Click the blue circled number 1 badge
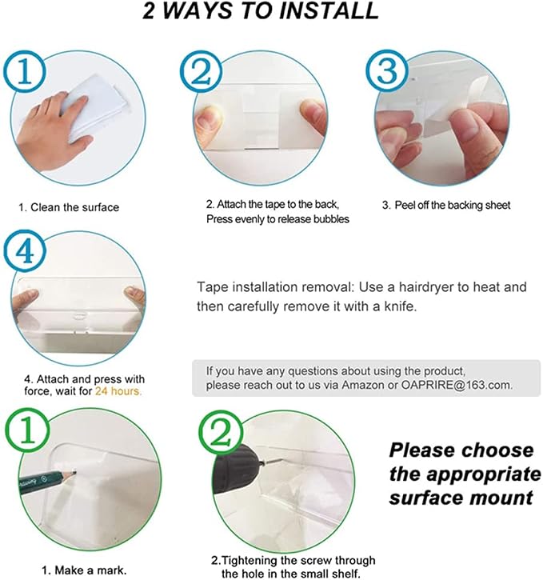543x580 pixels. pyautogui.click(x=25, y=71)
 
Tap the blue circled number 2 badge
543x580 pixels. pyautogui.click(x=202, y=71)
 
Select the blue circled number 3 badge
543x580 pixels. pyautogui.click(x=387, y=70)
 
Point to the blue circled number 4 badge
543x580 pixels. pyautogui.click(x=25, y=251)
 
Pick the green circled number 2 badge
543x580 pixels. pyautogui.click(x=221, y=432)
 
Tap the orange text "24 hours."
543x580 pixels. pyautogui.click(x=118, y=391)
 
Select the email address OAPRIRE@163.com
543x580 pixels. pyautogui.click(x=457, y=385)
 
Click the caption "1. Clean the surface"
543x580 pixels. pyautogui.click(x=69, y=207)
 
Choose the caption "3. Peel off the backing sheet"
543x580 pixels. pyautogui.click(x=446, y=205)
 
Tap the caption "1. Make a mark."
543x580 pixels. pyautogui.click(x=84, y=570)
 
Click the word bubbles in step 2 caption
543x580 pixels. pyautogui.click(x=331, y=219)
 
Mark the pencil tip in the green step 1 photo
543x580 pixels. pyautogui.click(x=75, y=471)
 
